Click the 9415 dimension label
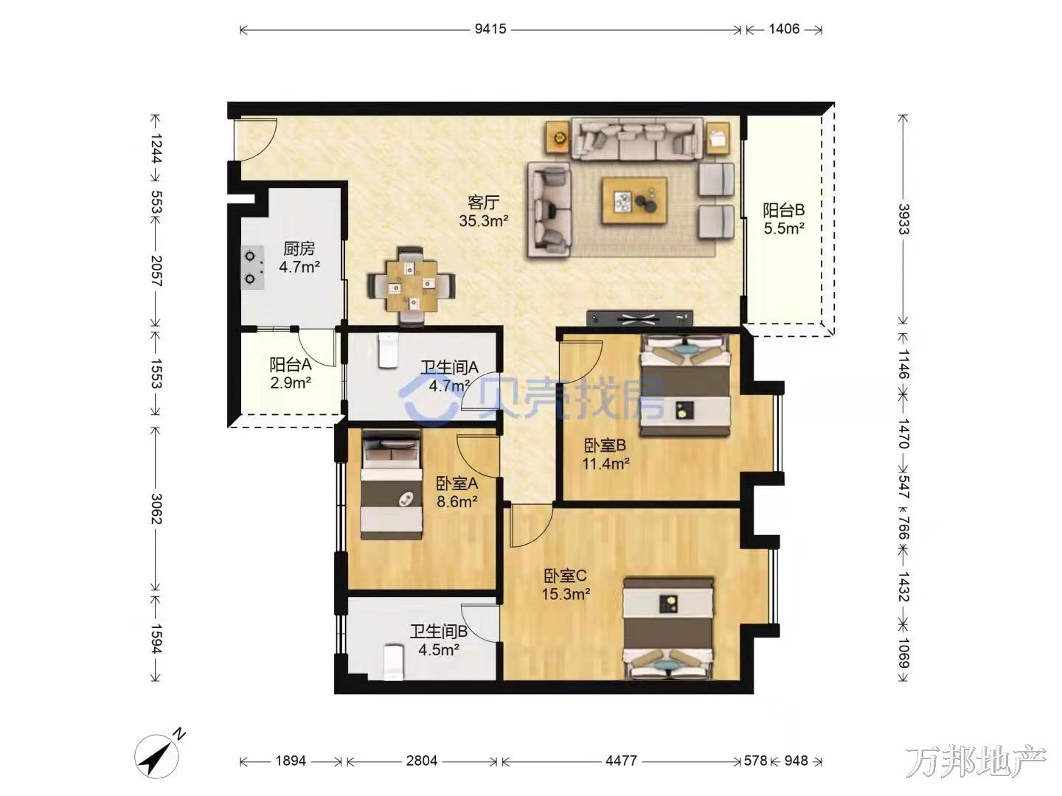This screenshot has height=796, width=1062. [x=490, y=29]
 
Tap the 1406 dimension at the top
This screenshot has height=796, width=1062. [x=784, y=29]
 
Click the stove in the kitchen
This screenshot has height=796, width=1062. [x=253, y=268]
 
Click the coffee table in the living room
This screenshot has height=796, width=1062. [x=635, y=200]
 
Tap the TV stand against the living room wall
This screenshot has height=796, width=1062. [x=639, y=318]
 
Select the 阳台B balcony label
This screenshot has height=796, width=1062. [x=784, y=210]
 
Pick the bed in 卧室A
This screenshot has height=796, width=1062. [x=392, y=484]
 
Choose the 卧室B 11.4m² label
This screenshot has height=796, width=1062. [x=605, y=454]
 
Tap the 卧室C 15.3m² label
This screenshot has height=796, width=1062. [x=566, y=584]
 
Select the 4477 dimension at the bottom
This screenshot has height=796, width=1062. [x=621, y=761]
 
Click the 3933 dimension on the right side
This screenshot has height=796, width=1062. [x=903, y=219]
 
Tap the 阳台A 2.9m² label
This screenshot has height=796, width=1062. [x=291, y=373]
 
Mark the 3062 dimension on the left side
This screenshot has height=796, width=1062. [x=156, y=509]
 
